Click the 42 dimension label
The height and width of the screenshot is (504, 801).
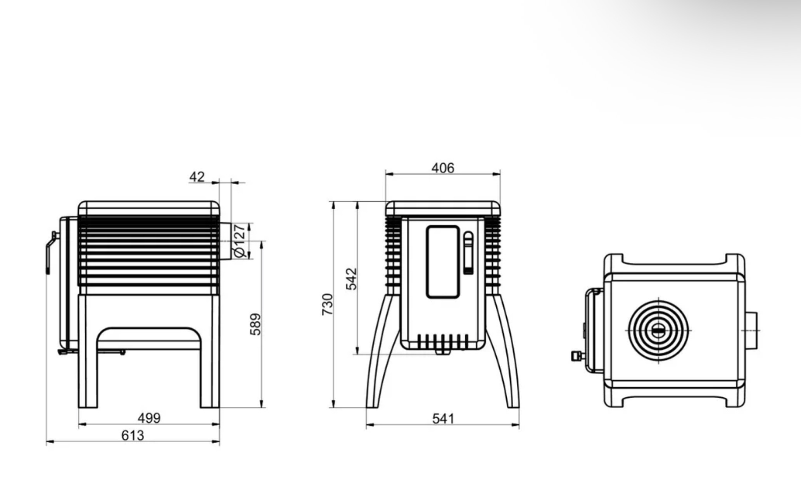coord(197,177)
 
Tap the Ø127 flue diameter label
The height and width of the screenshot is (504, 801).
coord(240,241)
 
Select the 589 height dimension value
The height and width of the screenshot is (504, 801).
coord(255,324)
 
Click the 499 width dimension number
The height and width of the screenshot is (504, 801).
coord(149,418)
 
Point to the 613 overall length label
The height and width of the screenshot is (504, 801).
coord(133,435)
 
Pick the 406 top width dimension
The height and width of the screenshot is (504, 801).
coord(443,168)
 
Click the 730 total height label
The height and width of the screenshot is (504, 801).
coord(328,304)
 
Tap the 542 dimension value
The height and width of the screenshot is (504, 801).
coord(351,279)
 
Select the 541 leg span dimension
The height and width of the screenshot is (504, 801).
coord(443,419)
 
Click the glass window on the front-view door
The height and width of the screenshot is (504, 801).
coord(443,262)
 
